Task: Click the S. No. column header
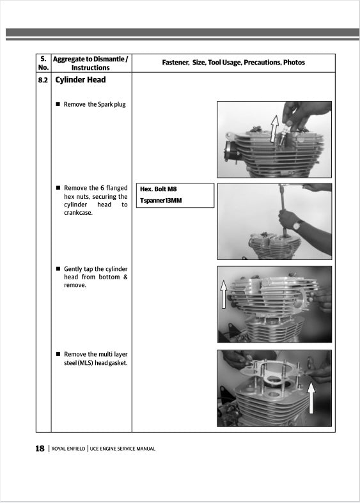(43, 63)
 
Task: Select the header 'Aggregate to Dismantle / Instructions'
(90, 63)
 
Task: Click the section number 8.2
(43, 81)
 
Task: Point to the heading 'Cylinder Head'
(81, 81)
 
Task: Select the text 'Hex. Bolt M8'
(159, 189)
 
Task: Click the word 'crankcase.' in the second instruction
(79, 213)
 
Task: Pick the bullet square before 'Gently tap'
(58, 269)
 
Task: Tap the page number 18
(40, 449)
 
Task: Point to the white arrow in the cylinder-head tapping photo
(224, 293)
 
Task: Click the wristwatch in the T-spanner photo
(299, 225)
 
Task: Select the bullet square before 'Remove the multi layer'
(58, 354)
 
